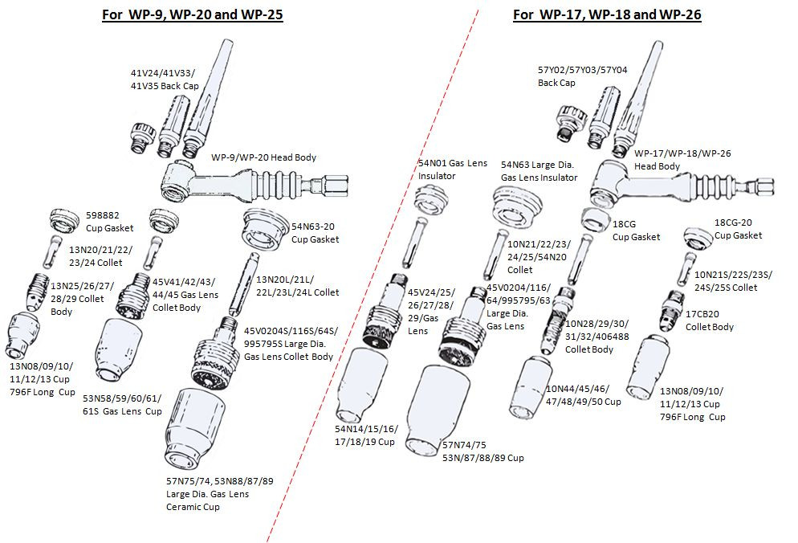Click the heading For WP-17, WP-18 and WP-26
coord(607,14)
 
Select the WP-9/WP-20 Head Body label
coord(263,157)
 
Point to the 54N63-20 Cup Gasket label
coord(315,234)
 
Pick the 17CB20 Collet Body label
coord(709,321)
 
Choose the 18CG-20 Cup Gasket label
coord(738,229)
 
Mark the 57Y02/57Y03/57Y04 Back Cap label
coord(582,76)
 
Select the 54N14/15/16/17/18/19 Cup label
coord(364,436)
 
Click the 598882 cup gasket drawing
coord(62,218)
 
